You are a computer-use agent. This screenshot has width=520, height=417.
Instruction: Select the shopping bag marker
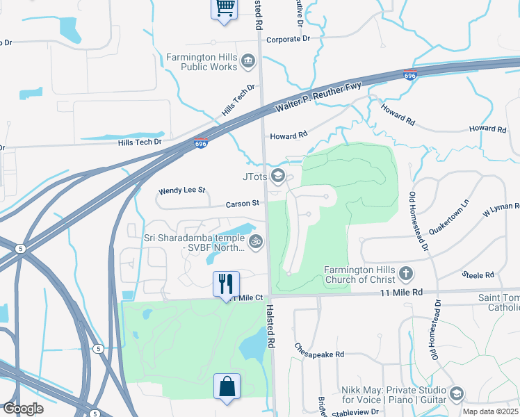227,386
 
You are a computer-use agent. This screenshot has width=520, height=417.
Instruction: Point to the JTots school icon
278,176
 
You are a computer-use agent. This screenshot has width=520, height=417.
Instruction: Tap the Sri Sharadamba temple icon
256,242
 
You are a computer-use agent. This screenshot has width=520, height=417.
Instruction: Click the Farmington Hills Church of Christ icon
405,272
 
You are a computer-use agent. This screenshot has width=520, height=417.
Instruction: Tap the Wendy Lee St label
183,190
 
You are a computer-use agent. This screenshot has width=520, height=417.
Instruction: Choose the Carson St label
242,204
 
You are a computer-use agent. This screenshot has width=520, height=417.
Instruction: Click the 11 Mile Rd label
402,293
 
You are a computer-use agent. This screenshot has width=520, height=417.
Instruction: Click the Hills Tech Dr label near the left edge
140,142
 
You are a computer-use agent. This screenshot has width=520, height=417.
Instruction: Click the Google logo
23,409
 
